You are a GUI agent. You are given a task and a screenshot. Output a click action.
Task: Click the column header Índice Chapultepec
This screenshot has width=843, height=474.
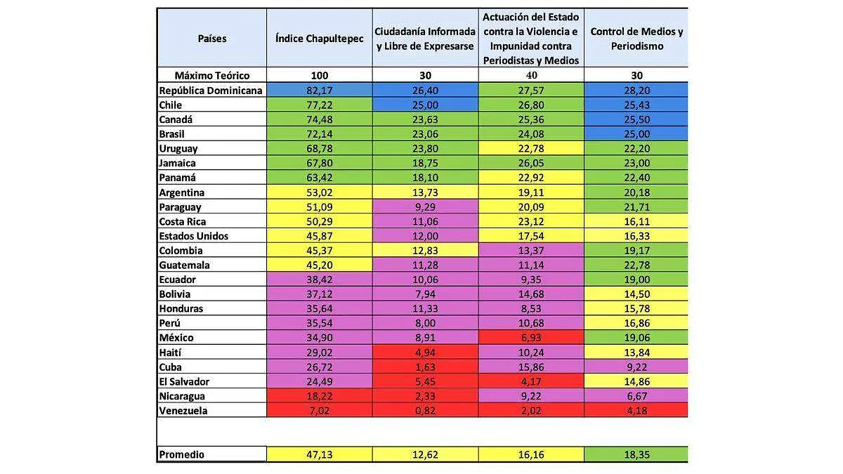pyautogui.click(x=320, y=39)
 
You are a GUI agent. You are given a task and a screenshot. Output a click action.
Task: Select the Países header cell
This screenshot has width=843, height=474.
pyautogui.click(x=212, y=39)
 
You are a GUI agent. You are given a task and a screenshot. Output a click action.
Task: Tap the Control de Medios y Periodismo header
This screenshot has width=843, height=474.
pyautogui.click(x=636, y=39)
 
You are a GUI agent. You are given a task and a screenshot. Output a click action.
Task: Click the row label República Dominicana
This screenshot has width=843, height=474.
pyautogui.click(x=211, y=91)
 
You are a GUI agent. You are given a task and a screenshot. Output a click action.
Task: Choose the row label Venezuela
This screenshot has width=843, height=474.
pyautogui.click(x=183, y=411)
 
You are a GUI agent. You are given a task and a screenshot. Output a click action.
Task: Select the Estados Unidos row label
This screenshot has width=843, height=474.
pyautogui.click(x=194, y=236)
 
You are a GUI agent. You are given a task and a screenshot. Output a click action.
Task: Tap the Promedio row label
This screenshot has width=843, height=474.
pyautogui.click(x=182, y=454)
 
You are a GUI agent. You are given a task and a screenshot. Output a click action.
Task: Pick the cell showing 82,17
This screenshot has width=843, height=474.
pyautogui.click(x=320, y=91)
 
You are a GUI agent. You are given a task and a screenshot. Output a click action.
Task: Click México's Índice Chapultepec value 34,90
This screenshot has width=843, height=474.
pyautogui.click(x=320, y=338)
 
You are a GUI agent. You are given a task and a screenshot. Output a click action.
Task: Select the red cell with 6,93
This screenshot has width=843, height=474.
pyautogui.click(x=531, y=338)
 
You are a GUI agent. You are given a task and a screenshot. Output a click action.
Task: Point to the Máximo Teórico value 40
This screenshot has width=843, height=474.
pyautogui.click(x=531, y=75)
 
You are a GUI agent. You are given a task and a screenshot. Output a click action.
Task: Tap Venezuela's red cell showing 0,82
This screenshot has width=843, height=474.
pyautogui.click(x=425, y=411)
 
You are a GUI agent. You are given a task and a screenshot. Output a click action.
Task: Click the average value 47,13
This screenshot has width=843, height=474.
pyautogui.click(x=320, y=454)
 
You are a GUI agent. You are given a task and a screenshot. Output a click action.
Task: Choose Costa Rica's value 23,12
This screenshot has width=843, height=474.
pyautogui.click(x=531, y=221)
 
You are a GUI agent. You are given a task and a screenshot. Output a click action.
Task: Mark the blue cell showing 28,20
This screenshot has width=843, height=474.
pyautogui.click(x=636, y=91)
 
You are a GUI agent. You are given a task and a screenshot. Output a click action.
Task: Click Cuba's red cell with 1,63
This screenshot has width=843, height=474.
pyautogui.click(x=425, y=367)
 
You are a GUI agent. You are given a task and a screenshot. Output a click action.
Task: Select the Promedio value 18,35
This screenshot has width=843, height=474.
pyautogui.click(x=636, y=454)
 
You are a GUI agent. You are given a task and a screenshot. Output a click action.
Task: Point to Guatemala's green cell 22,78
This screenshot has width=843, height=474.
pyautogui.click(x=636, y=265)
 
